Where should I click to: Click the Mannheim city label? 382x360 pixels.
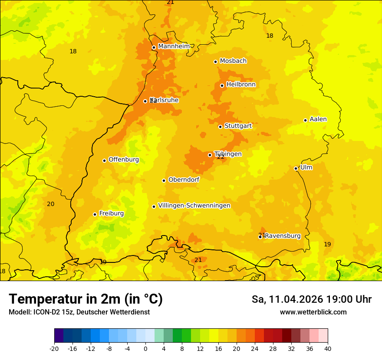click(x=174, y=46)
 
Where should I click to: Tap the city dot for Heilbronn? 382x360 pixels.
click(x=222, y=85)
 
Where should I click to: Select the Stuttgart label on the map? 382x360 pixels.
click(x=238, y=126)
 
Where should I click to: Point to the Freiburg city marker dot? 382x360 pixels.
click(x=95, y=214)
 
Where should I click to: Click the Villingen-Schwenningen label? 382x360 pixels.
click(x=194, y=206)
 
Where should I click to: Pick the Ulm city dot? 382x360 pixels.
click(x=296, y=168)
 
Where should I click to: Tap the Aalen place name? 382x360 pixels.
click(x=318, y=119)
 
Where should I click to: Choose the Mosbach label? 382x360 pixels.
click(x=233, y=61)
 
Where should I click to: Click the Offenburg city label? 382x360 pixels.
click(x=124, y=160)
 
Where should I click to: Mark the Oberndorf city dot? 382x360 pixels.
click(x=164, y=180)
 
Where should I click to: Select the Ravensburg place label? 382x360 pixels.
click(x=283, y=236)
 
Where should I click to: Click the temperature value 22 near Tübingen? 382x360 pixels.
click(x=221, y=157)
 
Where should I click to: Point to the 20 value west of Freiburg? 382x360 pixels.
click(x=51, y=204)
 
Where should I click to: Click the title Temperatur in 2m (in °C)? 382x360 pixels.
click(x=86, y=299)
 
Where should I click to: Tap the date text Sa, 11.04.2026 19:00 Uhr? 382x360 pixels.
click(x=311, y=300)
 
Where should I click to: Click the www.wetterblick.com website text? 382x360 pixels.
click(x=313, y=312)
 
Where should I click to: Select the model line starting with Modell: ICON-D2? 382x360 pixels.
click(x=79, y=312)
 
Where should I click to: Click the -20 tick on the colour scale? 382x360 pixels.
click(x=54, y=349)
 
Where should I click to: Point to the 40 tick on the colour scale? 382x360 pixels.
click(x=328, y=349)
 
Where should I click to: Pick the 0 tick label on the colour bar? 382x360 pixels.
click(x=145, y=349)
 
